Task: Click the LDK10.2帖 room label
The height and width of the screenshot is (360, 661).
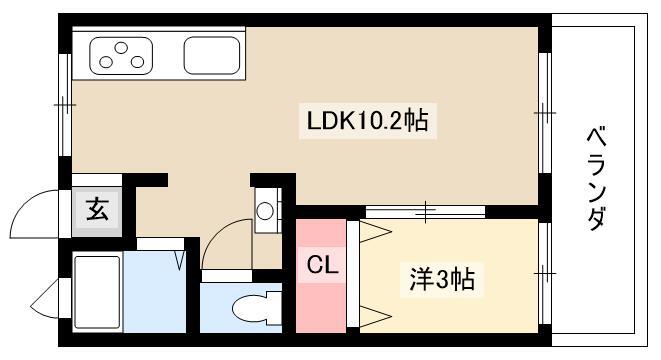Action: (x=367, y=122)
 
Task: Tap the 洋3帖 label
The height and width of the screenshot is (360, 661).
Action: (x=441, y=279)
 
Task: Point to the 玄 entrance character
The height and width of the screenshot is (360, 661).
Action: (x=97, y=211)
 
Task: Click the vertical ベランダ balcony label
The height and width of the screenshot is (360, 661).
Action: (x=596, y=179)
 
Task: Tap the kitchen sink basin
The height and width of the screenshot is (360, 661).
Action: (x=211, y=55)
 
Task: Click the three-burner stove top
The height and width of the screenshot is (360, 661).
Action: (x=123, y=55)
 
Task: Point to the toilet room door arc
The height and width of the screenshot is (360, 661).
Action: (x=225, y=244)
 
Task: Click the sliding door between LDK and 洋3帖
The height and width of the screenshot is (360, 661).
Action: (x=425, y=211)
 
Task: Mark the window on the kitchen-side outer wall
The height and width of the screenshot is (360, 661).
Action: (x=64, y=104)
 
